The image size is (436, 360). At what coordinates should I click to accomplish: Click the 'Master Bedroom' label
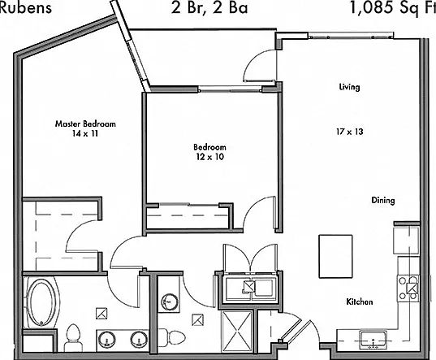coord(85,124)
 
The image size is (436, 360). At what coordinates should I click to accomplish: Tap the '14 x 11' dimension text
coord(85,134)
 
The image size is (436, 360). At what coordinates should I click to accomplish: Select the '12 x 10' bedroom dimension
coord(210,157)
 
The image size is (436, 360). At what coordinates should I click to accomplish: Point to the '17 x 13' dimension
coord(350,132)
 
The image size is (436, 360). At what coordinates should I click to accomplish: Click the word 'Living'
coord(349,87)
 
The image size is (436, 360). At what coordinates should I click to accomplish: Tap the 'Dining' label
coord(383,200)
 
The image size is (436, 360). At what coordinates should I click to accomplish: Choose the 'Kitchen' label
coord(360,301)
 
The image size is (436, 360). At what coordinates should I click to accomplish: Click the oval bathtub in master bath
coord(42,302)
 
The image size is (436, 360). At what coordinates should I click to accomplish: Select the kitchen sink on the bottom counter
coord(373,340)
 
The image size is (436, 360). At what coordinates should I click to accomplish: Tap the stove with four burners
coord(408,288)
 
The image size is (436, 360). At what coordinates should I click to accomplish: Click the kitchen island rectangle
coord(335,256)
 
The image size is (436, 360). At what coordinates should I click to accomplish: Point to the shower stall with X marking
coord(237,332)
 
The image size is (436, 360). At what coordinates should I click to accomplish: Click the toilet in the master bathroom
coord(73,338)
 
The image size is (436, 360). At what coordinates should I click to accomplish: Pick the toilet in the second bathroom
coord(171,337)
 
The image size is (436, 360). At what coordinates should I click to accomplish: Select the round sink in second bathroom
coord(169,301)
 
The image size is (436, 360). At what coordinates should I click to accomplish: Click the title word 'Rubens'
coord(26,7)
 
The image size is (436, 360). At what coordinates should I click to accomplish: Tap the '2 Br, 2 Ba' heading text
coord(209,8)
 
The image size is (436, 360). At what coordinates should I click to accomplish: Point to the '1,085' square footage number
coord(371,8)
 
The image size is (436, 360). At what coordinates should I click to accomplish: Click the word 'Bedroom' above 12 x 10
coord(210,147)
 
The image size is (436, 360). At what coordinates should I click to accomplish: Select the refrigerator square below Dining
coord(406,241)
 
